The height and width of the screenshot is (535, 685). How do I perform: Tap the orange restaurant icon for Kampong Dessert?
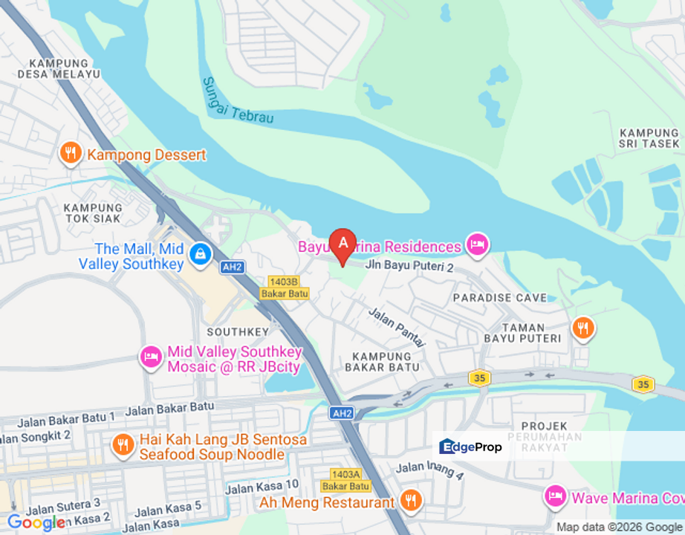[70, 154]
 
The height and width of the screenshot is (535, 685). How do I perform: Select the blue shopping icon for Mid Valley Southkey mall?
[199, 254]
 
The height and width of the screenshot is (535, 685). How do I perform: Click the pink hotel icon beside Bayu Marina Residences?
[477, 244]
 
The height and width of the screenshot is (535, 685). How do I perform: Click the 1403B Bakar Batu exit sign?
[284, 288]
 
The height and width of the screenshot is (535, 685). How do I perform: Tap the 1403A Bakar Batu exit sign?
[345, 479]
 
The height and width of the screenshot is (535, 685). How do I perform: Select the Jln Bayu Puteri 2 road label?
[409, 265]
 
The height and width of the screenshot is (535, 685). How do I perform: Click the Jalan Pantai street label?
[397, 327]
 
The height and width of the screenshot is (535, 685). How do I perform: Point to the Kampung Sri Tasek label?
[649, 138]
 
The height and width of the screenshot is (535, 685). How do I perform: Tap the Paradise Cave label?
[493, 297]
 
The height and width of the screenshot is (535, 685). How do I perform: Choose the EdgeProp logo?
[471, 447]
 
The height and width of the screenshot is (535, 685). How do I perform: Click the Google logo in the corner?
[36, 522]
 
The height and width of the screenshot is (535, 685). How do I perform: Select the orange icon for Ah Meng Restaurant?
[411, 502]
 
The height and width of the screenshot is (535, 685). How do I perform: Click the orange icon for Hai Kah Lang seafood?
[123, 445]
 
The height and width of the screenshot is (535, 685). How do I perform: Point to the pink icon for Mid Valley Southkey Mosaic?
[152, 357]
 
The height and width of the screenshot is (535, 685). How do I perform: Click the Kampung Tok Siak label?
[93, 213]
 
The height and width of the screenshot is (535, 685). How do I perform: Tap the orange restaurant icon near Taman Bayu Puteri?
[583, 328]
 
